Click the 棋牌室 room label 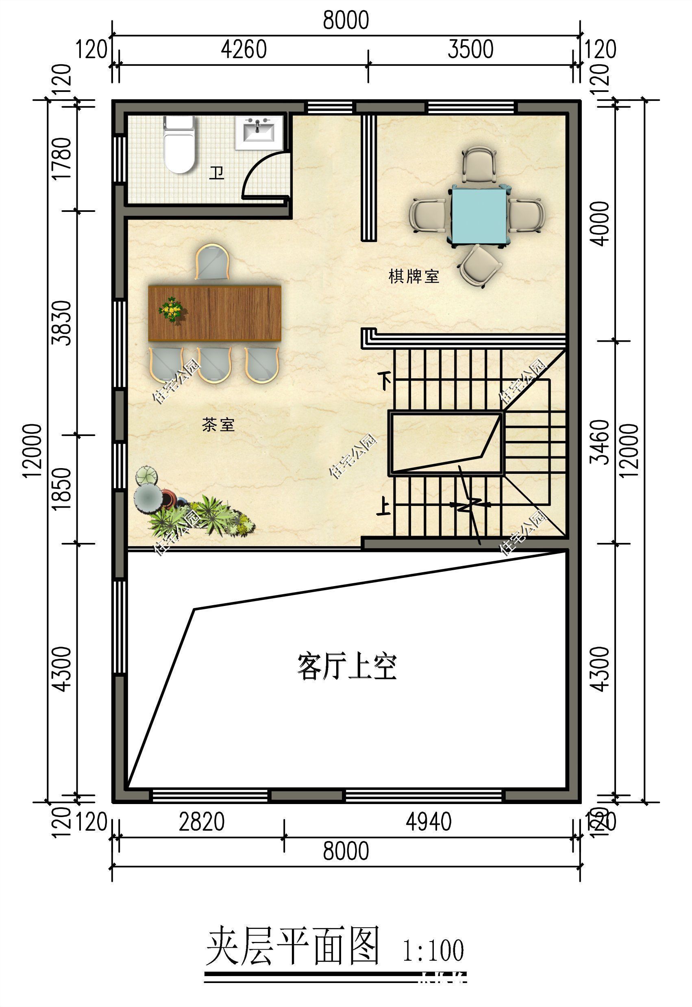click(x=413, y=276)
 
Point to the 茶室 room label click(x=218, y=424)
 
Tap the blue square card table click(x=479, y=215)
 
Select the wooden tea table click(x=215, y=313)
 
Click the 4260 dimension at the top click(x=244, y=49)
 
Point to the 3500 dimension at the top click(x=470, y=49)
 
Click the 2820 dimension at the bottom click(x=202, y=822)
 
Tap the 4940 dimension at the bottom click(x=429, y=822)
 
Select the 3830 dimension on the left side click(x=61, y=323)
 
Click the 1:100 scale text click(x=433, y=950)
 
